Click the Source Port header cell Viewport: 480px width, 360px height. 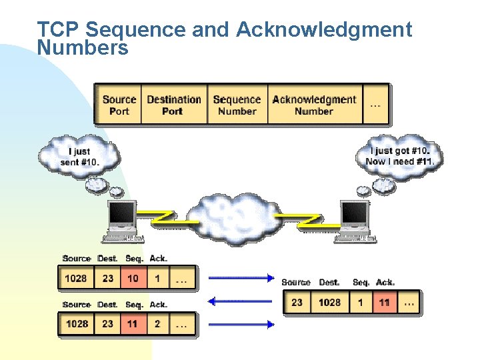coord(119,105)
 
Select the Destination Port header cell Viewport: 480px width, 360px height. coord(173,105)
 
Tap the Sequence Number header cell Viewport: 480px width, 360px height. coord(237,105)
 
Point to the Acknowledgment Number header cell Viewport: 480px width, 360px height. coord(314,105)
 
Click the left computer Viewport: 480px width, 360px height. coord(122,220)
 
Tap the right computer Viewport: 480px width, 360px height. coord(354,220)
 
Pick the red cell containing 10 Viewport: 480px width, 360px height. coord(133,278)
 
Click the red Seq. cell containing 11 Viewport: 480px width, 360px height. coord(133,324)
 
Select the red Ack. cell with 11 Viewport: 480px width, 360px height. coord(385,303)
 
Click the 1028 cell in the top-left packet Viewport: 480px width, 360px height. coord(76,278)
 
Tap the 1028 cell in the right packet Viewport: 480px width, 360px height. coord(329,303)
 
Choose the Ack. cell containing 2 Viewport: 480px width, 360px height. coord(157,324)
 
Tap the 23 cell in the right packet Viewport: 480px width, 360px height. coord(297,303)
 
